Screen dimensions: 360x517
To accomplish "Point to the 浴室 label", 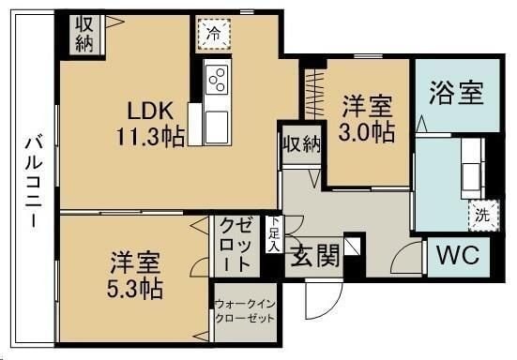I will pyautogui.click(x=456, y=94).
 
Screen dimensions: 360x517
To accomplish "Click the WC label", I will pyautogui.click(x=459, y=255).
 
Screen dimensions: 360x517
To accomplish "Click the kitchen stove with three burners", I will pyautogui.click(x=217, y=80).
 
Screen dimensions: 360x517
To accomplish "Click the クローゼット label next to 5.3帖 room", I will pyautogui.click(x=236, y=244).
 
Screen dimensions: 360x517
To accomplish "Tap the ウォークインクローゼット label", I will pyautogui.click(x=245, y=311).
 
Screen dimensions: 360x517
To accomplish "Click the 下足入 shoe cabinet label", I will pyautogui.click(x=274, y=234).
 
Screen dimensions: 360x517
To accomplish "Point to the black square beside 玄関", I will pyautogui.click(x=352, y=247).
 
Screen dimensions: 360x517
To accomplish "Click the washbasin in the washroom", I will pyautogui.click(x=468, y=168).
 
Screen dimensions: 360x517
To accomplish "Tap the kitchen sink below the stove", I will pyautogui.click(x=216, y=120).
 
